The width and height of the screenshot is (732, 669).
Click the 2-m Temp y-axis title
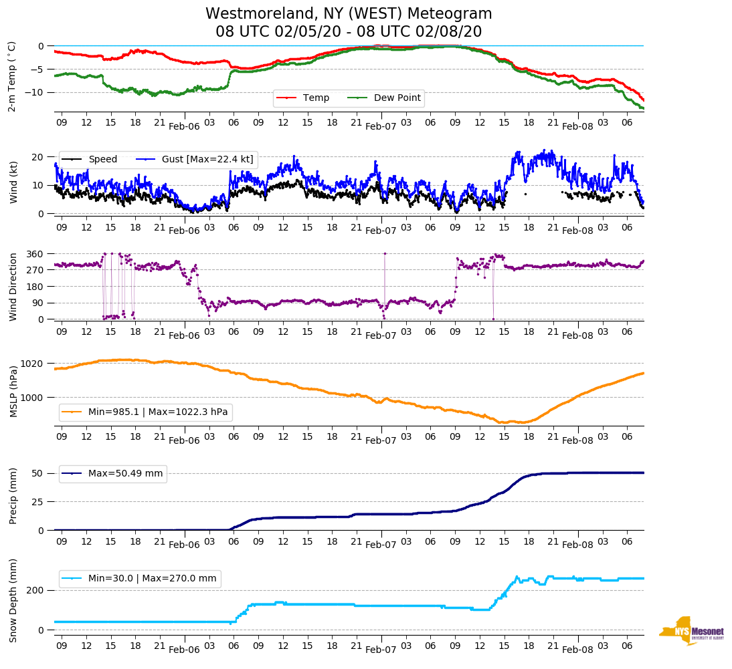coord(12,76)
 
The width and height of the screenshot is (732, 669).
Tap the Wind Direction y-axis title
coord(13,287)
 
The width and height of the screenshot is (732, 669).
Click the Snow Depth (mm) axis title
coord(13,599)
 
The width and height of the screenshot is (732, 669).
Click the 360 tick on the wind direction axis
coord(35,254)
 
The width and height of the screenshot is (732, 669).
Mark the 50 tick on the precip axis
coord(39,473)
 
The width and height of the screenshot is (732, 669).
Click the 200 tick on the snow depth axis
coord(36,590)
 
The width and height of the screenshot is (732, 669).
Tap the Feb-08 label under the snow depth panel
coord(577,650)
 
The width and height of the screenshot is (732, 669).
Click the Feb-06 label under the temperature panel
coord(184,126)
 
